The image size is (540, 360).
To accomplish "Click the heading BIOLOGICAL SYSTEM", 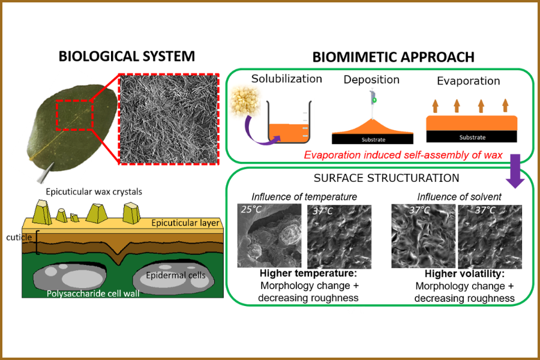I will point(127,57).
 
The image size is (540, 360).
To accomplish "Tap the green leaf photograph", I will point(66,123).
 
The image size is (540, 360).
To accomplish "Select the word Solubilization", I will point(287,79).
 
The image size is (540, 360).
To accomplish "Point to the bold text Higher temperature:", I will point(305,273).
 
